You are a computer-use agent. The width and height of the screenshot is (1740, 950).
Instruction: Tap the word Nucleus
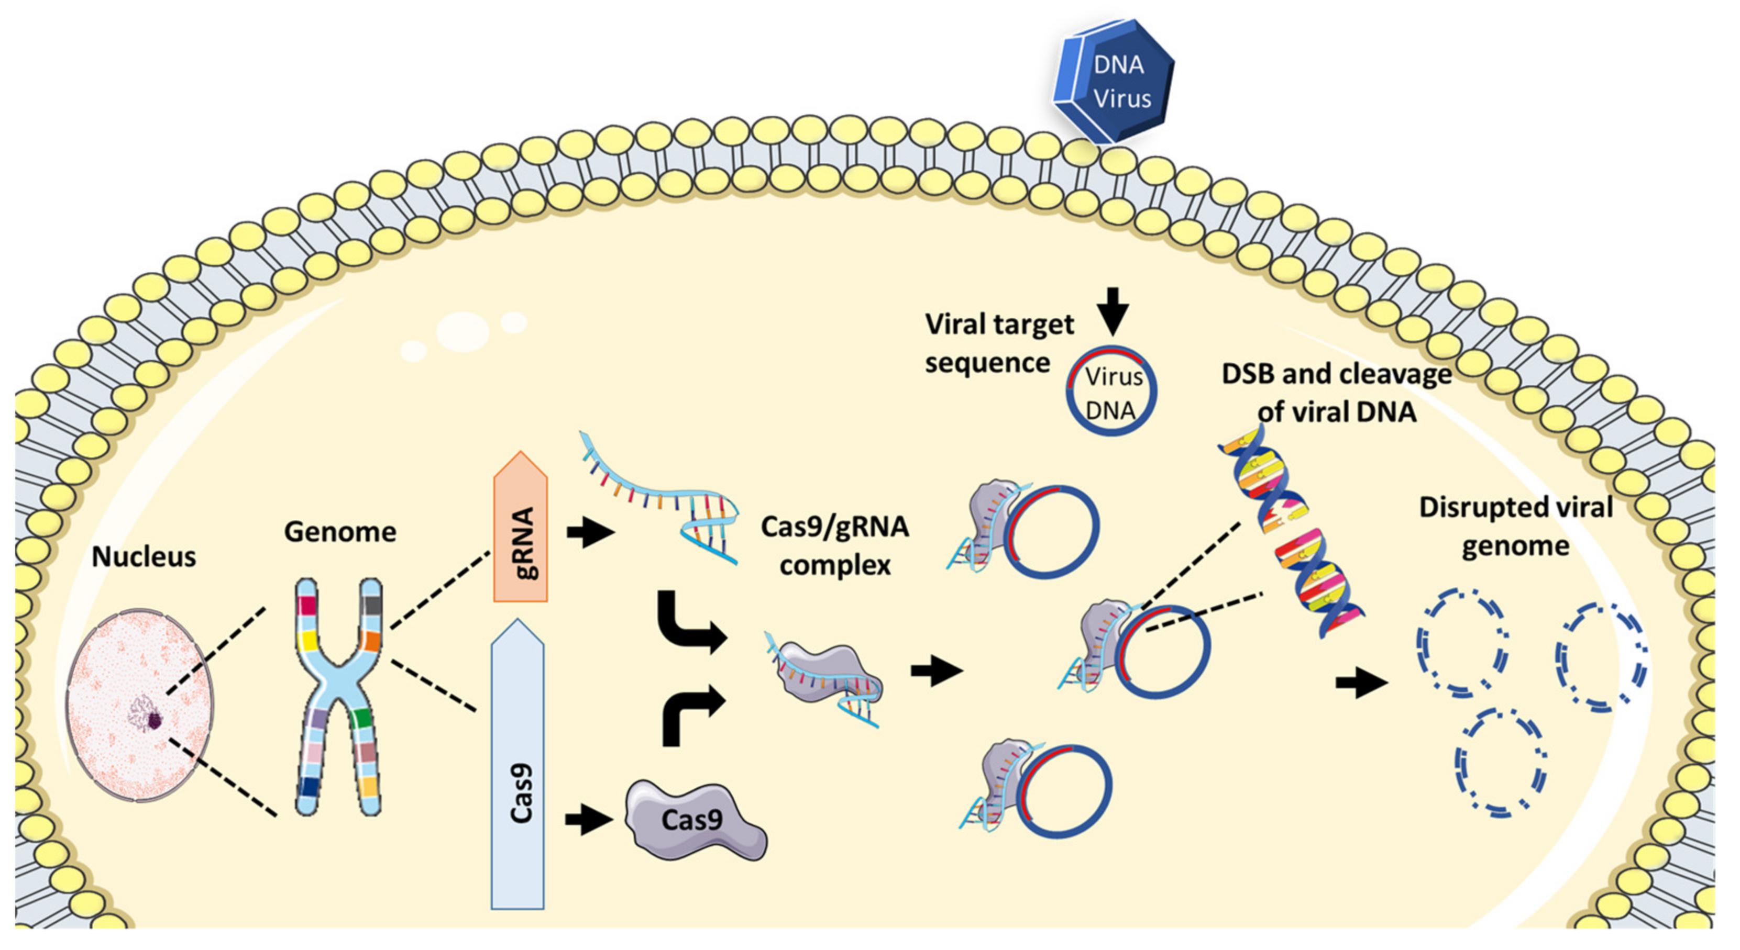[x=144, y=557]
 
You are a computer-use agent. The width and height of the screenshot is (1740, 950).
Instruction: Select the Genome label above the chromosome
[x=340, y=532]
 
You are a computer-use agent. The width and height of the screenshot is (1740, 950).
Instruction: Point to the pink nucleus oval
[x=140, y=706]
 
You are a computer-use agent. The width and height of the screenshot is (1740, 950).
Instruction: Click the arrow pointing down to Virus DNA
[x=1112, y=310]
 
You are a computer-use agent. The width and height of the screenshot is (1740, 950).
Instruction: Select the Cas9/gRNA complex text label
[x=835, y=545]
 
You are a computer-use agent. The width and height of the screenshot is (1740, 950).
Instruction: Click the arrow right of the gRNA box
[x=590, y=533]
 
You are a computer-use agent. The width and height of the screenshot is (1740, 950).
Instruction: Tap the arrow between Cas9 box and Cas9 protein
[x=588, y=820]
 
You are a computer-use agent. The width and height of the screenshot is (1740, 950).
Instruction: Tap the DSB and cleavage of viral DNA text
[x=1336, y=392]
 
